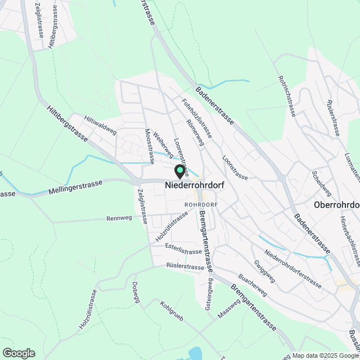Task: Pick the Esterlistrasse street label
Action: tap(184, 251)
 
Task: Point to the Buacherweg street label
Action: tap(252, 286)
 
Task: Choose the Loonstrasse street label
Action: tap(235, 168)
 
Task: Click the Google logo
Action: tap(19, 353)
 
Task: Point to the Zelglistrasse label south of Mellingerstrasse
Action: tap(142, 206)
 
